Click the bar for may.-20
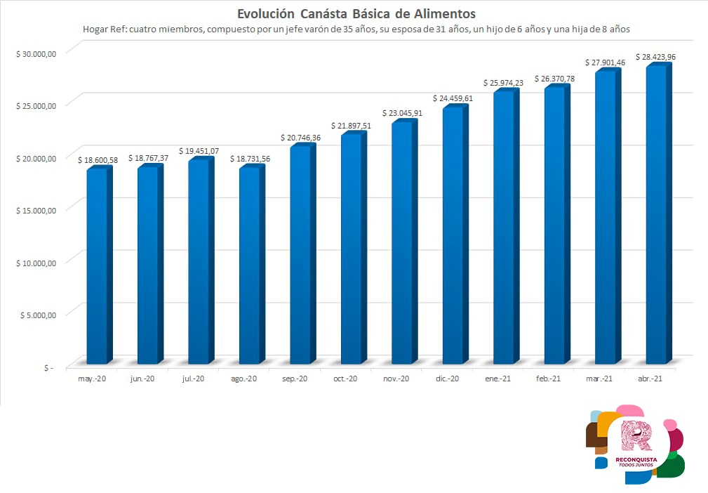pyautogui.click(x=97, y=267)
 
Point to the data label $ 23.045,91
pyautogui.click(x=402, y=112)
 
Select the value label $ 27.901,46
pyautogui.click(x=606, y=63)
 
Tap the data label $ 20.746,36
pyautogui.click(x=300, y=138)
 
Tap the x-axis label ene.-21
pyautogui.click(x=497, y=379)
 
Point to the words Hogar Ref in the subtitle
pyautogui.click(x=106, y=29)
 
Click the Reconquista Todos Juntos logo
pyautogui.click(x=636, y=444)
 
